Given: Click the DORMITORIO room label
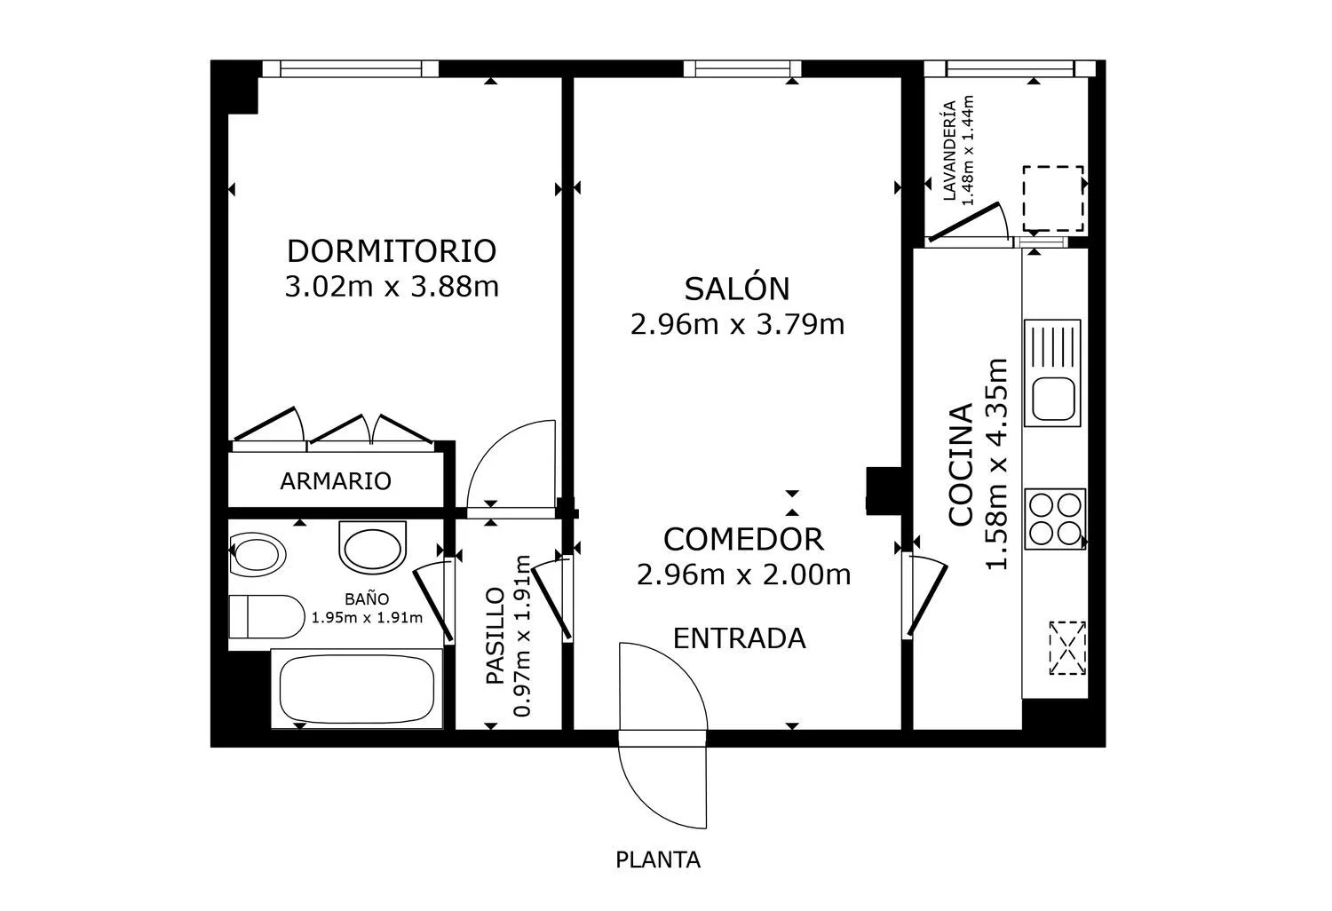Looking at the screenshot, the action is coord(392,251).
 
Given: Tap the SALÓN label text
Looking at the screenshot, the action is coord(737,289).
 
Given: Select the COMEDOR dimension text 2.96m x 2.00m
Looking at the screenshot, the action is coord(743,575).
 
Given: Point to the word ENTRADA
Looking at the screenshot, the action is coord(739,638).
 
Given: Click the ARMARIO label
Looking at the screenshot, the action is coord(336,481).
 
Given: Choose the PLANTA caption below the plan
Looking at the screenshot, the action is coord(658,860).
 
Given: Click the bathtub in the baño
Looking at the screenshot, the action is coord(357,689).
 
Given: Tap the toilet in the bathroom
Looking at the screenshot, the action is coord(267,616).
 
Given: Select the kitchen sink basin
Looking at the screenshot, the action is coord(1053,399).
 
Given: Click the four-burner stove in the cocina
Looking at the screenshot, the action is coord(1055,519).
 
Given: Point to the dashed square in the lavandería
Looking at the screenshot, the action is coord(1053,199).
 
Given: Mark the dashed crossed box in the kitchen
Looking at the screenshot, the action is coord(1067,648).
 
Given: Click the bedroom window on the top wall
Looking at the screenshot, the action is coord(351,69).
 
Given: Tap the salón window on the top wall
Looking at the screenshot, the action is coord(742,69).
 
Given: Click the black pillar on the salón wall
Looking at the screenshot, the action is coord(884,491).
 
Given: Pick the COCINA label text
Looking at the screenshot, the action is coord(961,465).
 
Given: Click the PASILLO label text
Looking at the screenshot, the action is coord(496,636).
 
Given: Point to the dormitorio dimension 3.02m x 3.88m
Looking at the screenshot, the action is coord(392,287).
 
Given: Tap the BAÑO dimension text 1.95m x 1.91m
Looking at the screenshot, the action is coord(367,618).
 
